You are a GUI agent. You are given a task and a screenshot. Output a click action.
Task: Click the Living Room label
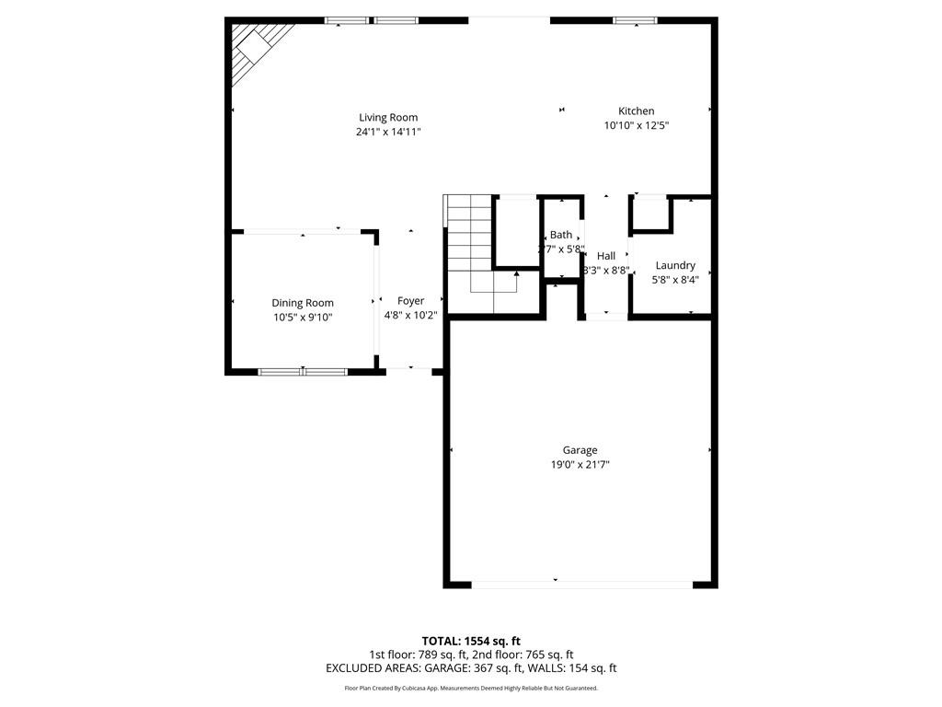[x=388, y=117]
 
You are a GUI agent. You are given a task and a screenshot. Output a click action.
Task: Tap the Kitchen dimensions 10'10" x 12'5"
[x=636, y=125]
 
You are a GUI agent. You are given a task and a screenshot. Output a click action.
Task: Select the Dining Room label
[x=302, y=303]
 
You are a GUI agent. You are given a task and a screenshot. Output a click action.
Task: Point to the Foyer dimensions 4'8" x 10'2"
[x=410, y=316]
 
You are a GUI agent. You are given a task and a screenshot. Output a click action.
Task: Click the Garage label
[x=580, y=450]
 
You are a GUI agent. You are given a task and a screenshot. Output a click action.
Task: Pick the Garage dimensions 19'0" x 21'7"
[x=580, y=465]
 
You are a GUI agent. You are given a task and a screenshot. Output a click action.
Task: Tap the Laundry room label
[x=674, y=265]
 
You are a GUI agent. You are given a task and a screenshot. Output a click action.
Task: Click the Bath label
[x=561, y=235]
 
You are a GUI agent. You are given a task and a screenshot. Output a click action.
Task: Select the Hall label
[x=605, y=256]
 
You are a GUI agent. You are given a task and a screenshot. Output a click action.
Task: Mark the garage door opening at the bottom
[x=581, y=584]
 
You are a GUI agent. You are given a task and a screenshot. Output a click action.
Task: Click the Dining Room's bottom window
[x=302, y=372]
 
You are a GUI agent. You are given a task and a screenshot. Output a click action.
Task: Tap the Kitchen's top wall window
[x=635, y=20]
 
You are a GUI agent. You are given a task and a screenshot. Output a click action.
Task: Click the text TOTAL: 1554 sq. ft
[x=471, y=641]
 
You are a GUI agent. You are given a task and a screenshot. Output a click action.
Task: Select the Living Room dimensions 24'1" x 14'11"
[x=388, y=132]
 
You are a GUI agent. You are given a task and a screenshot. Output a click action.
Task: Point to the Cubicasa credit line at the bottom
[x=471, y=688]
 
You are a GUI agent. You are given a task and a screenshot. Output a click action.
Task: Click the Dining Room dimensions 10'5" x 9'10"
[x=302, y=318]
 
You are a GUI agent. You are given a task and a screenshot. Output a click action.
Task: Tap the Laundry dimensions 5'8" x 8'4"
[x=674, y=280]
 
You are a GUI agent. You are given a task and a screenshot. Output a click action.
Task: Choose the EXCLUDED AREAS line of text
[x=471, y=668]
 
